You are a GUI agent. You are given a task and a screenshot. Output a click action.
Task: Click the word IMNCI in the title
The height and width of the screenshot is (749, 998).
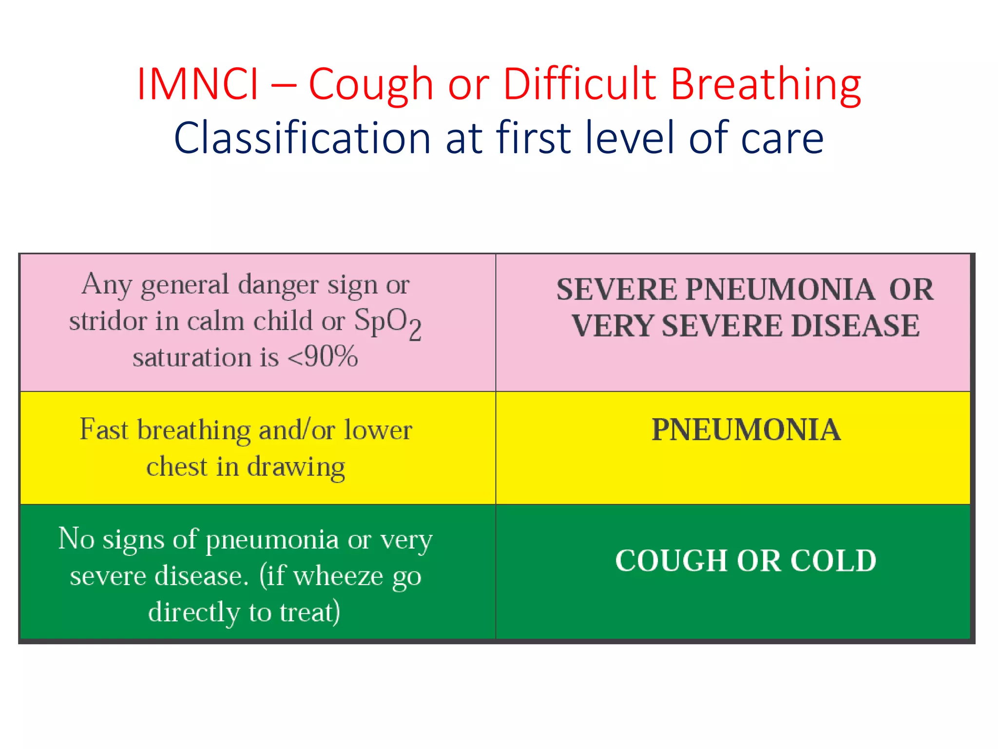pos(197,84)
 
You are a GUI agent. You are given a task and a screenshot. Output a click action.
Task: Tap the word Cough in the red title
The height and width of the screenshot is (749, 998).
pos(371,84)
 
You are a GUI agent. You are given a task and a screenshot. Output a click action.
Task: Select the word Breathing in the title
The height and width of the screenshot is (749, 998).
pos(766,84)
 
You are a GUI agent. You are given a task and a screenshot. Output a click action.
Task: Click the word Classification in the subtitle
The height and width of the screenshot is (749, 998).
pos(302,138)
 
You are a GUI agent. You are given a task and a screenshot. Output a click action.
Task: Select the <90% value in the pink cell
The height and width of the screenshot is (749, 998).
pos(323,356)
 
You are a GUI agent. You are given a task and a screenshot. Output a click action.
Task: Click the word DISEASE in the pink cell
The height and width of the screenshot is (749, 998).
pos(856,326)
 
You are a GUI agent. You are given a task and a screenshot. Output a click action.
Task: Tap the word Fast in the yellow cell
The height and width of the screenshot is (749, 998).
pos(104,430)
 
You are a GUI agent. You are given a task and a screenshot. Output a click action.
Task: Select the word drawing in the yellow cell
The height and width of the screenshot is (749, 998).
pos(296,467)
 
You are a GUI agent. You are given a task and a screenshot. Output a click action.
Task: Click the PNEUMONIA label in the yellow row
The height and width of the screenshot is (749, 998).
pos(746,430)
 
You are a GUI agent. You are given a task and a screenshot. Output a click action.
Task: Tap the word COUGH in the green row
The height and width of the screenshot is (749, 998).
pos(672,560)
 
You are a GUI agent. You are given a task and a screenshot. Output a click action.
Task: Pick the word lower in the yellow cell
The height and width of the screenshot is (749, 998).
pos(378,430)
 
